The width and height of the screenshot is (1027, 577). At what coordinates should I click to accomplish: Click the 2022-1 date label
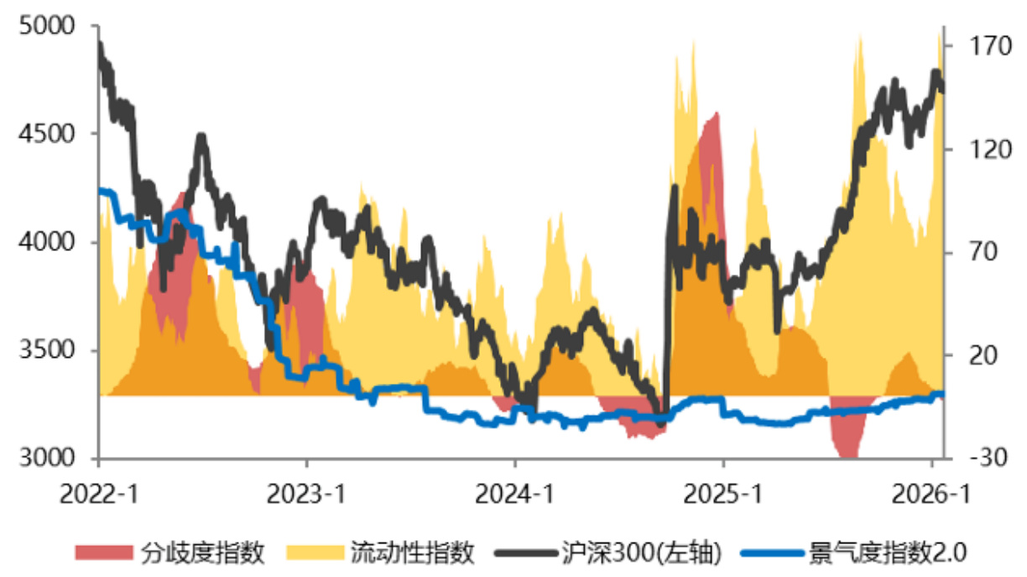point(98,495)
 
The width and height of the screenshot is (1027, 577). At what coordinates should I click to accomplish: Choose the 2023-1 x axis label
point(306,495)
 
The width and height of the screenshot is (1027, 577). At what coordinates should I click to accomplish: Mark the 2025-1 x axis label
point(722,495)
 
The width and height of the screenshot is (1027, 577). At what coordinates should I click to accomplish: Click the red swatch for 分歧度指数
point(104,553)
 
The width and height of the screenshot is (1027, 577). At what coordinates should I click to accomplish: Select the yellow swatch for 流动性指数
point(315,553)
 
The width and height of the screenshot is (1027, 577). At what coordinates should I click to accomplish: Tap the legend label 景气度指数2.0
point(888,553)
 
